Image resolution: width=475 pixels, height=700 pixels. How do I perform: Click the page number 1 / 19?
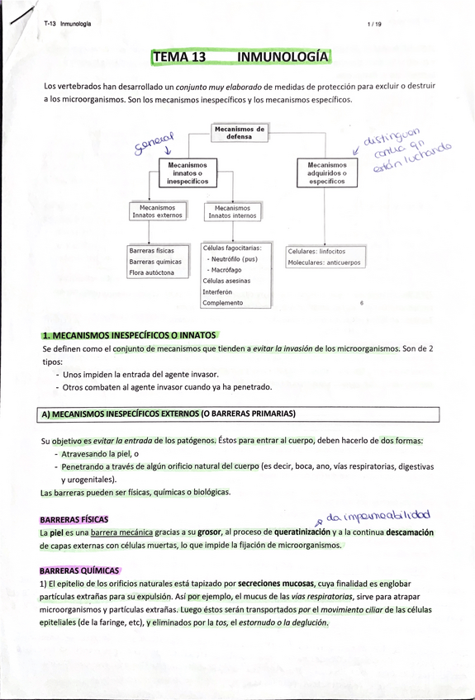(374, 24)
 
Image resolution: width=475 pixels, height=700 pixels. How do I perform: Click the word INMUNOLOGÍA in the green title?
(283, 57)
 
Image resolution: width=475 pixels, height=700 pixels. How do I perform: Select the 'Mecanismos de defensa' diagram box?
(239, 132)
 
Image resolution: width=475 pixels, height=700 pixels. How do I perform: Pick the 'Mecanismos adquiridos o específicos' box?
(326, 173)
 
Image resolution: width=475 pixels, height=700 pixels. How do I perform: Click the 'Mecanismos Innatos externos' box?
(157, 211)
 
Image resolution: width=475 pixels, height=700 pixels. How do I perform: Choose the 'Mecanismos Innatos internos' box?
(232, 211)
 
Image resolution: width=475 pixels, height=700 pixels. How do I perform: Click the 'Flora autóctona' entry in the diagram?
(152, 272)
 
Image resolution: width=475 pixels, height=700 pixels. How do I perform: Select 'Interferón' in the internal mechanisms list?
(217, 291)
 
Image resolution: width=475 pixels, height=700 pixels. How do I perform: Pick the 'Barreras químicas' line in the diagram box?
(155, 262)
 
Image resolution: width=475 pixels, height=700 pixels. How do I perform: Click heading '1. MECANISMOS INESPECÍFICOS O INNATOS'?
(129, 335)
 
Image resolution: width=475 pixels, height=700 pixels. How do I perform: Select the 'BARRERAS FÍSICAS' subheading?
(74, 520)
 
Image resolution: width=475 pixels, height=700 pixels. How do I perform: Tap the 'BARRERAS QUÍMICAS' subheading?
(79, 570)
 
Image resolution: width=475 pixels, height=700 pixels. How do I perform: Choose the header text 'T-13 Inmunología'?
(68, 24)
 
